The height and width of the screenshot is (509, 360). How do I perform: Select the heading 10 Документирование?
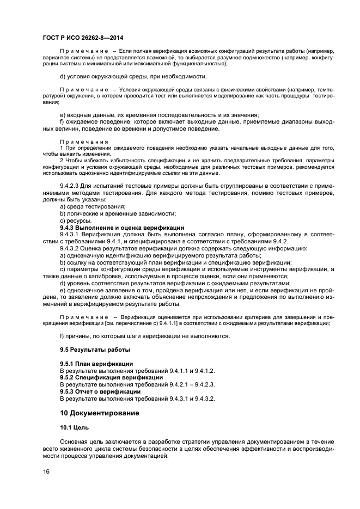(99, 413)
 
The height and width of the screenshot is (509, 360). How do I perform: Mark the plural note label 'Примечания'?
(84, 142)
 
